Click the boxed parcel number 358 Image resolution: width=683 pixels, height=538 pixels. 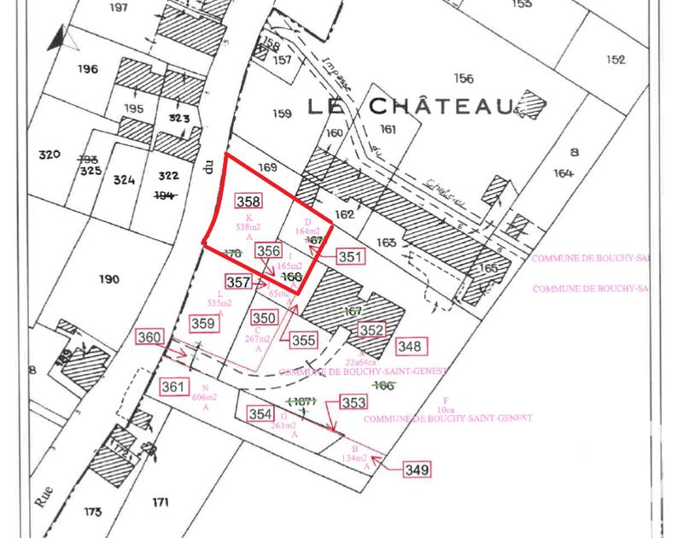point(248,202)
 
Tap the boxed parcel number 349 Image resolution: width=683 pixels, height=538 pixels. point(417,469)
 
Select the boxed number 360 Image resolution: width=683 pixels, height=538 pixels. point(149,338)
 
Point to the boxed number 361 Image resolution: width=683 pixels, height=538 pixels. point(173,387)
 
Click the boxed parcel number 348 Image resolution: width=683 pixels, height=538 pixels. point(410,346)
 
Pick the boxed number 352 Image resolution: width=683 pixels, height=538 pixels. point(371,330)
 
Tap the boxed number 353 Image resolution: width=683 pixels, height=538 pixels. point(353,402)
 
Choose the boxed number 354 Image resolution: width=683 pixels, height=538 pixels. point(260,413)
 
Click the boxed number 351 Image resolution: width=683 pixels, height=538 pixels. point(350,256)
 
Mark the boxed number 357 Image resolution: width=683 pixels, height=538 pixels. point(238,281)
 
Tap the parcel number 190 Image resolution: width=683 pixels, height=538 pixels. point(108,279)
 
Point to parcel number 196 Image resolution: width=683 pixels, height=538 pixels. point(87,69)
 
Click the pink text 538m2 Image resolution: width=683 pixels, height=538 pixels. point(248,227)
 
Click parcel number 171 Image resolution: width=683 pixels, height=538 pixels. point(161,501)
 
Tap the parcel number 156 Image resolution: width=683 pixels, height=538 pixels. point(464,79)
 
